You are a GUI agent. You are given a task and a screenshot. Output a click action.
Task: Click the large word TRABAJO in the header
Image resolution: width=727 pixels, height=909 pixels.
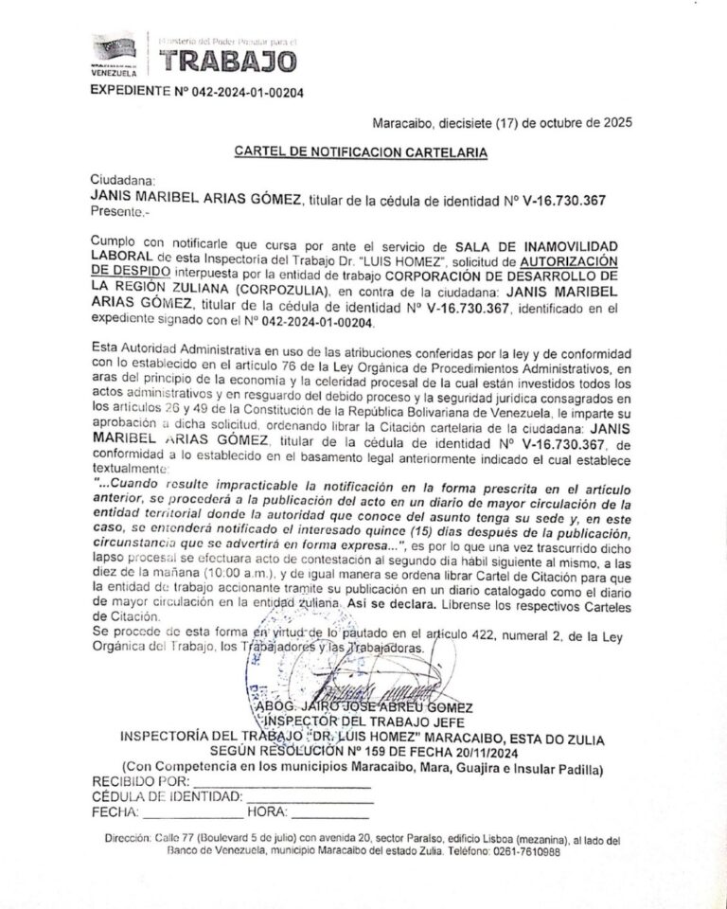pos(227,62)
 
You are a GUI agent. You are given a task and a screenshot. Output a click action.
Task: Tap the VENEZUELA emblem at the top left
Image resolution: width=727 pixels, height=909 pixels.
pos(114,55)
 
